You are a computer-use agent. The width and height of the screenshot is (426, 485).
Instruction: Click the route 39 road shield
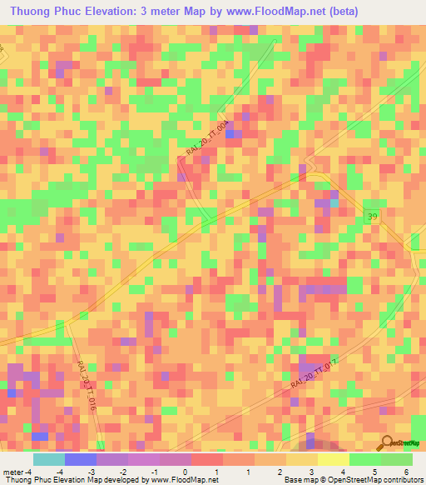click(x=373, y=216)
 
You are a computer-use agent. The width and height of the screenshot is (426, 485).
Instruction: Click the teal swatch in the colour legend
click(x=49, y=459)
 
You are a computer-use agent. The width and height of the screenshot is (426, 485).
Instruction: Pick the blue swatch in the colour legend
click(x=81, y=459)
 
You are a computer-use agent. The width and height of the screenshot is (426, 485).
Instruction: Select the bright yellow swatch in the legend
click(x=334, y=459)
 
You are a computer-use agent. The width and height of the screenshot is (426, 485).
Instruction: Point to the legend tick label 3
click(x=310, y=472)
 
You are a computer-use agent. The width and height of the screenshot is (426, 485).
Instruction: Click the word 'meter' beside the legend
click(x=15, y=472)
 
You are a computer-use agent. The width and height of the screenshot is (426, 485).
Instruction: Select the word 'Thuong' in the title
click(x=34, y=12)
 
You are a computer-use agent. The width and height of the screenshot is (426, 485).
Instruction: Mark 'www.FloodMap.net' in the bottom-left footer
click(x=179, y=480)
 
